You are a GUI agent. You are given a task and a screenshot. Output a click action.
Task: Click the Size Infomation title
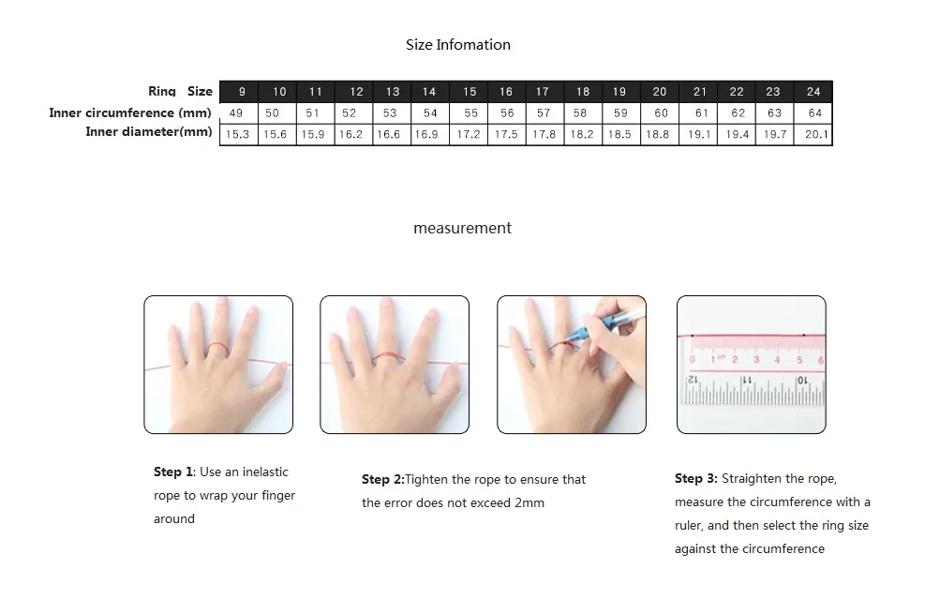[x=457, y=45]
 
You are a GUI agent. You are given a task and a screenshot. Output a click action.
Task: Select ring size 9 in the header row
[x=242, y=92]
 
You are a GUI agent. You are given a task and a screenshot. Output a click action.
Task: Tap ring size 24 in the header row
[x=813, y=92]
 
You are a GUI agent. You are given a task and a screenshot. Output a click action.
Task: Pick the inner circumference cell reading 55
[x=470, y=112]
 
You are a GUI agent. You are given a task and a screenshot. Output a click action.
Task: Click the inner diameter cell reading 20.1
[x=816, y=134]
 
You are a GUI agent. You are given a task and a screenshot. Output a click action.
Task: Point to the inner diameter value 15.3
[x=237, y=134]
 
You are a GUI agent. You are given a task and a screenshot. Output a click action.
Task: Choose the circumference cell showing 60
[x=661, y=112]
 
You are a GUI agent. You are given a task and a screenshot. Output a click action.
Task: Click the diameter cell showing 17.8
[x=544, y=134]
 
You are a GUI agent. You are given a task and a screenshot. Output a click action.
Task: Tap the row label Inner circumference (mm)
[x=129, y=112]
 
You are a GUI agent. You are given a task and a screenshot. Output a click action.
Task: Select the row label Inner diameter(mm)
[x=149, y=131]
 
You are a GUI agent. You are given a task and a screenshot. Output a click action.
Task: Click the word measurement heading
[x=463, y=228]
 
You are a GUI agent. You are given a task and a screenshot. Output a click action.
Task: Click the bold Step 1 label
[x=172, y=472]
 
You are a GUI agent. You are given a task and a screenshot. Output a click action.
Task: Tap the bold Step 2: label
[x=383, y=479]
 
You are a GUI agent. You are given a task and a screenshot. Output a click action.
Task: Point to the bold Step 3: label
[x=696, y=479]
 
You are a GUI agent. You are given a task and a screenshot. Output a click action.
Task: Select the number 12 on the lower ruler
[x=693, y=380]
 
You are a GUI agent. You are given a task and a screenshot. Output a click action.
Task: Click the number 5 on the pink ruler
[x=799, y=359]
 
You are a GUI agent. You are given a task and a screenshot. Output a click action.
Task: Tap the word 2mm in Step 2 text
[x=530, y=502]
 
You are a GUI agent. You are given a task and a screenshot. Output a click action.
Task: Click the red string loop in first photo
[x=217, y=350]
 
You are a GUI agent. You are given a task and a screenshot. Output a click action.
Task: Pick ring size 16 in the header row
[x=506, y=92]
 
